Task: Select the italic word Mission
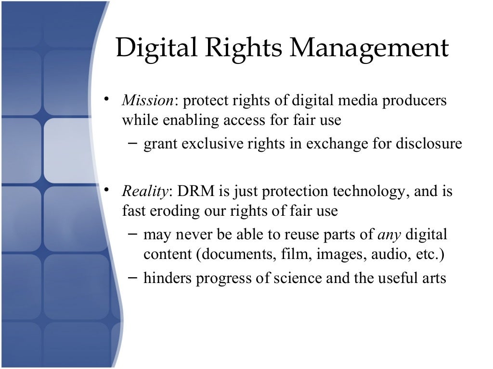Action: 147,101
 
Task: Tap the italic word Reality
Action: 145,192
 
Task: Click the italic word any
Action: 389,235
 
